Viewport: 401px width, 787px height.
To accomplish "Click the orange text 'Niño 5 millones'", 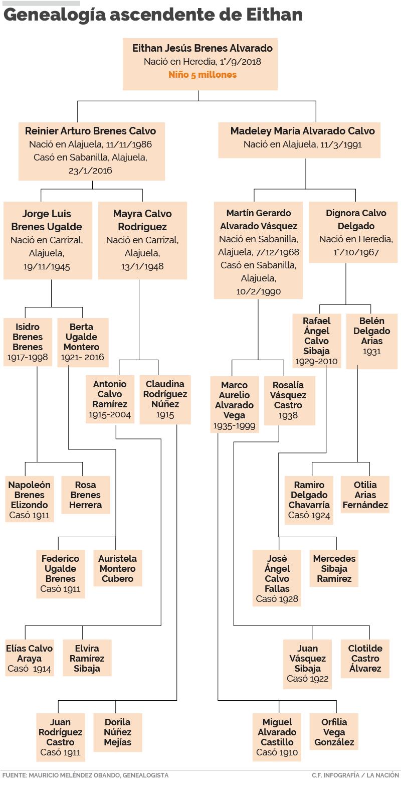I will point(202,75).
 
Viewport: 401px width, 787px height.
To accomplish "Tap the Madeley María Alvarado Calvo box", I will point(302,138).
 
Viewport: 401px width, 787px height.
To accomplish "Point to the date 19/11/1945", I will point(47,266).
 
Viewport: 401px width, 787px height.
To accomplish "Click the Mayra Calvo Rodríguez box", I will point(142,240).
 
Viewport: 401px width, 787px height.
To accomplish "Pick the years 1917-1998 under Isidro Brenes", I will point(28,357).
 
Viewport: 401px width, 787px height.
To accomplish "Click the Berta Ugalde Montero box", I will point(81,342).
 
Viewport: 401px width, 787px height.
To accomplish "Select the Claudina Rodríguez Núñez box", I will point(165,399).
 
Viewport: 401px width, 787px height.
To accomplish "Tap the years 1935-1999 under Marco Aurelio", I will point(234,426).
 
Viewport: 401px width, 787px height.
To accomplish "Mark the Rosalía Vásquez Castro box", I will point(288,400).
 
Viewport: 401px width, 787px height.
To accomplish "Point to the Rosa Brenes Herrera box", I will point(85,495).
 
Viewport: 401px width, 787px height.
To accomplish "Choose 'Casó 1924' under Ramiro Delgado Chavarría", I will point(309,515).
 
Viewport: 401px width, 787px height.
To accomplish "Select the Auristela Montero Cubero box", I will point(117,568).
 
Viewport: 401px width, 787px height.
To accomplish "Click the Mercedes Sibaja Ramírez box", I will point(334,568).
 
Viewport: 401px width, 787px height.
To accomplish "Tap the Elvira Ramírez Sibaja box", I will point(87,658).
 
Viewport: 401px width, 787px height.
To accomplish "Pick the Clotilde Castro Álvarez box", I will point(365,658).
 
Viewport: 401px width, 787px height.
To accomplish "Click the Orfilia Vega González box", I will point(334,732).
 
